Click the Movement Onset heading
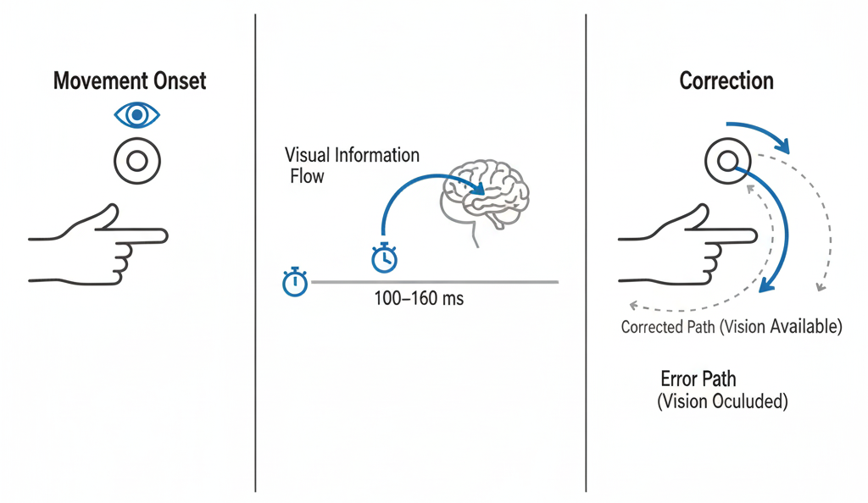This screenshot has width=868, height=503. [130, 81]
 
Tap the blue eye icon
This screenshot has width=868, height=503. [136, 114]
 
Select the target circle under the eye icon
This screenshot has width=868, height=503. [136, 160]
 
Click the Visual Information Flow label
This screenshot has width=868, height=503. [352, 165]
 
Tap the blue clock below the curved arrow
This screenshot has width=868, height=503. [384, 257]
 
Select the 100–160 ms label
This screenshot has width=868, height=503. [419, 299]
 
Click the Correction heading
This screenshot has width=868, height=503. [726, 81]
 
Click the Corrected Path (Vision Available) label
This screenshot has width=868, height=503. [732, 327]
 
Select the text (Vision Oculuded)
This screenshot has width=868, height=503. [722, 401]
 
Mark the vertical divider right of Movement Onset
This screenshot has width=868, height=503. [255, 254]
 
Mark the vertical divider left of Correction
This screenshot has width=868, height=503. [586, 254]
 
